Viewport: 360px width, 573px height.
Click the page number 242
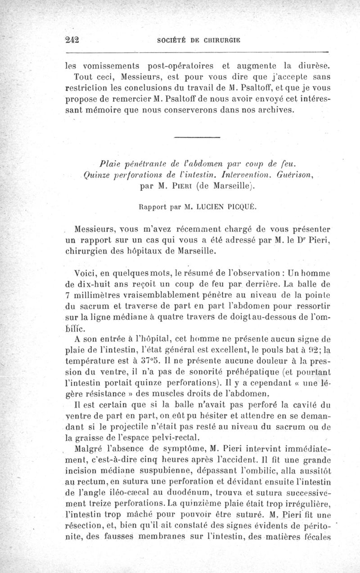(x=72, y=39)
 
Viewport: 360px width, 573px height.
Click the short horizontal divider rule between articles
(x=197, y=137)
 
